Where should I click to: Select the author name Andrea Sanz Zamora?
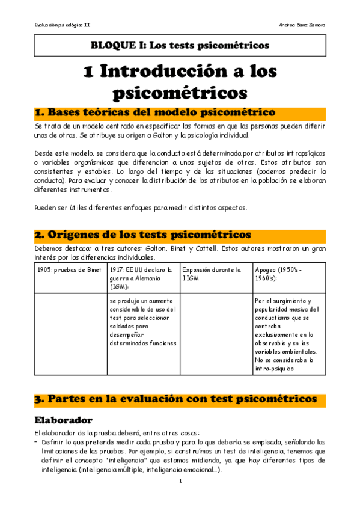pyautogui.click(x=302, y=25)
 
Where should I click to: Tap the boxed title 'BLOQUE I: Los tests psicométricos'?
pyautogui.click(x=180, y=45)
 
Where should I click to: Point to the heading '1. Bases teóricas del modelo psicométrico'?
pyautogui.click(x=155, y=113)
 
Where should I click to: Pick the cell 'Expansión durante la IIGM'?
pyautogui.click(x=213, y=274)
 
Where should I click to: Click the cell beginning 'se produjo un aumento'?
pyautogui.click(x=143, y=322)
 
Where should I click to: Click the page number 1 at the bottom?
pyautogui.click(x=180, y=482)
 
